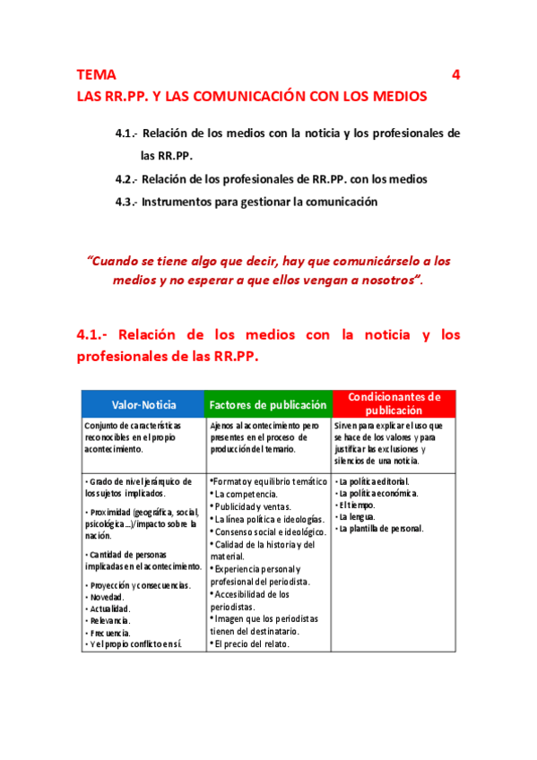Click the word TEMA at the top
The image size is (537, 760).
(x=96, y=75)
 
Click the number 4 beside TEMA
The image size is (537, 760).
(x=456, y=75)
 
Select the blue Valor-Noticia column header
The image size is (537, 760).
(x=143, y=405)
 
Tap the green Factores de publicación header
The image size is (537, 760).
(x=268, y=405)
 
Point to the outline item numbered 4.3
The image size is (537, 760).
(x=247, y=202)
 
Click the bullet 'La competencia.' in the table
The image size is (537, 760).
(x=245, y=494)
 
